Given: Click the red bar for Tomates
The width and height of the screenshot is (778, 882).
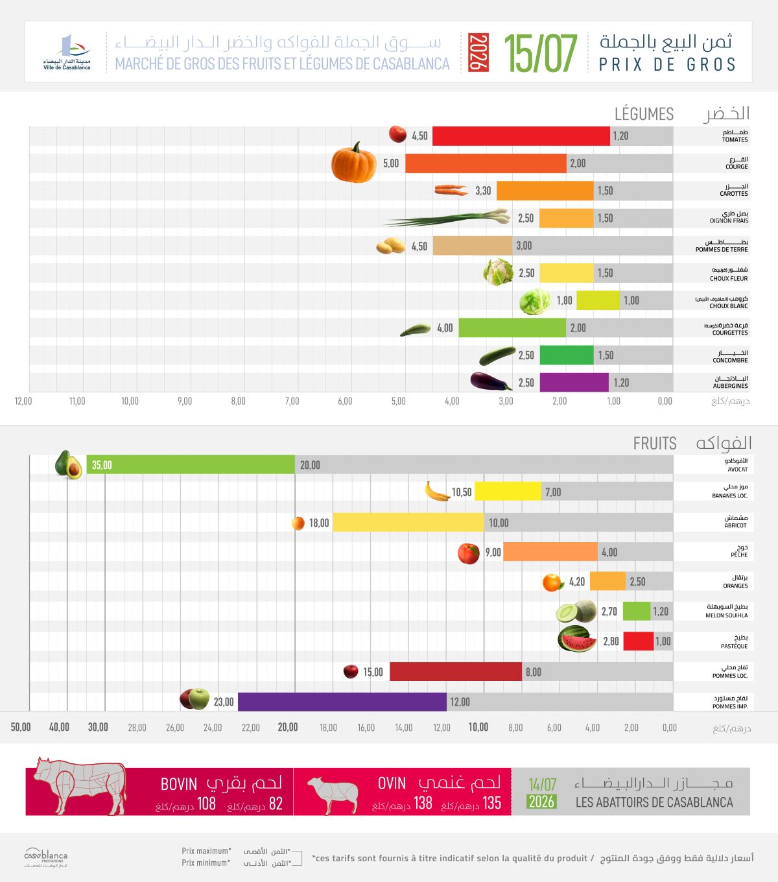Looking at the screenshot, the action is coord(521,136).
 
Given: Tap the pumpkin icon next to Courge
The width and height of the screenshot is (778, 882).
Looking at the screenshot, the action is coord(354,162).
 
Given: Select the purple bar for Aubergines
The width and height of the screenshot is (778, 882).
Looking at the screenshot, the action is coord(574,382).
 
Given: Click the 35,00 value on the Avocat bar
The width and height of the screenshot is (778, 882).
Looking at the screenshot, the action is coord(102,465).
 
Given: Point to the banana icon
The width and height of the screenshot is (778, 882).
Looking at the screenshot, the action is coord(437,492).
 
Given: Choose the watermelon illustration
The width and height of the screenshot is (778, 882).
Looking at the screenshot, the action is coord(577,639).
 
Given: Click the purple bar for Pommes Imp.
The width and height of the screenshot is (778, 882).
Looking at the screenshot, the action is coord(342,701).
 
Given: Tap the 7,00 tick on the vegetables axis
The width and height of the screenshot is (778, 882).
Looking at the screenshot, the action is coord(292,401).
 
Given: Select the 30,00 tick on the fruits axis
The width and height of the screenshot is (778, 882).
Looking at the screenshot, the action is coord(98,726).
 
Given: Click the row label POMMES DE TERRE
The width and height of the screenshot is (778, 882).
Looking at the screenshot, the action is coord(722,250).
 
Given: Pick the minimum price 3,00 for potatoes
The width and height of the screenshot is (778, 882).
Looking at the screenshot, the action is coord(524,246).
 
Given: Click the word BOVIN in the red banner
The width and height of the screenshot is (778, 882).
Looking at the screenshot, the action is coord(178,784).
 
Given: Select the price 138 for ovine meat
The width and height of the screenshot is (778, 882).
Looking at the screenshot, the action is coord(423,803).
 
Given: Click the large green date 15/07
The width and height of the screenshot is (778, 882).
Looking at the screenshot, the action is coord(540,53).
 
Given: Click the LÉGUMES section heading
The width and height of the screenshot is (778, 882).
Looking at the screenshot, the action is coord(644,113).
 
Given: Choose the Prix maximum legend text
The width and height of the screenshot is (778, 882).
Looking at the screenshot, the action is coord(206,851).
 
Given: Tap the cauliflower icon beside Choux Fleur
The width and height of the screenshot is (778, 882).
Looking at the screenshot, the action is coord(498,272).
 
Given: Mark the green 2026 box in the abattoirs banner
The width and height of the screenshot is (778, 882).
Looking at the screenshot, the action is coord(541,802).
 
